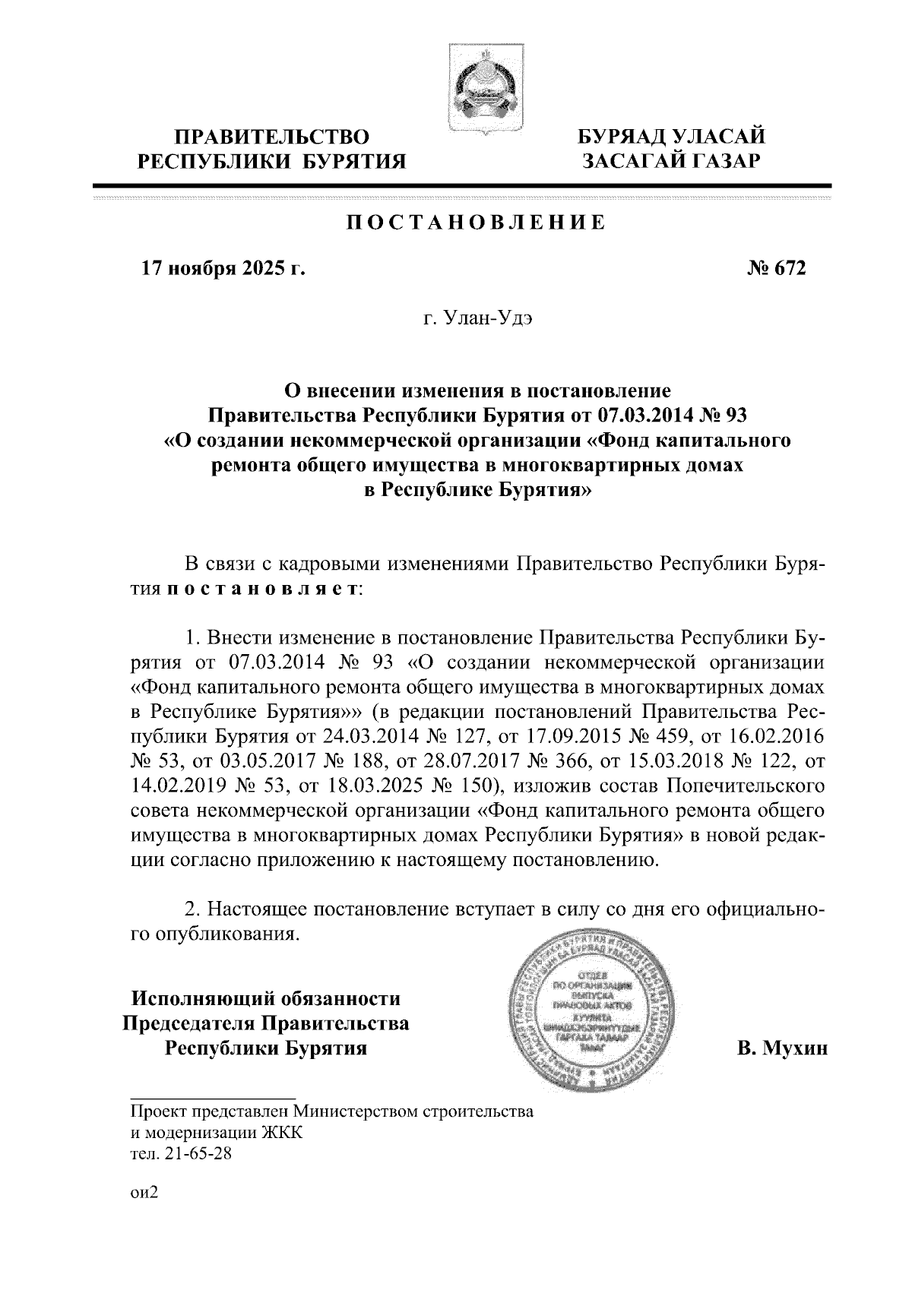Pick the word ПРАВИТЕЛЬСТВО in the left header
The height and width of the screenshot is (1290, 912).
tap(272, 138)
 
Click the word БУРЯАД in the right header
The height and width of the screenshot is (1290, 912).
tap(622, 138)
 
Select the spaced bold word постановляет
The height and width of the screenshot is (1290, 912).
tap(263, 590)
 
